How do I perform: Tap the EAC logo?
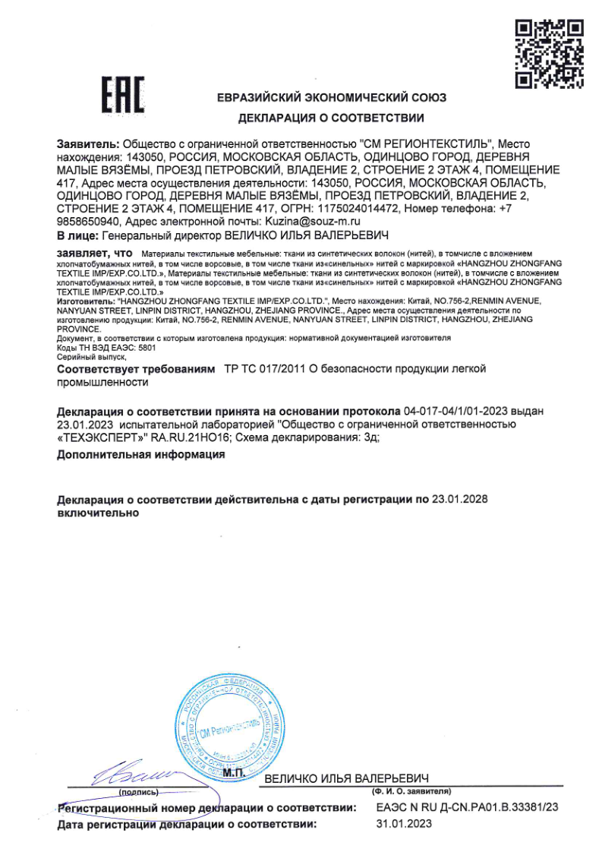click(x=123, y=94)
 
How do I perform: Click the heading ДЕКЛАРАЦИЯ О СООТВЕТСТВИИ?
click(x=331, y=118)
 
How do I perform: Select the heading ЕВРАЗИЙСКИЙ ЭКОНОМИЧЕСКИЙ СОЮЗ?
click(x=331, y=98)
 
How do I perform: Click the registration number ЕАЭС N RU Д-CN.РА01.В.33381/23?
click(x=467, y=808)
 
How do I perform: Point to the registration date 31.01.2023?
click(x=404, y=823)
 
